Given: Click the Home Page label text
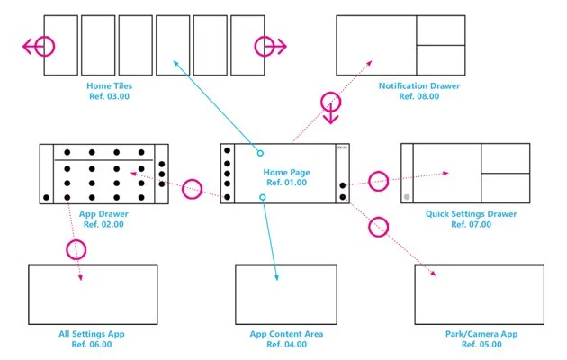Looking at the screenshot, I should (285, 171).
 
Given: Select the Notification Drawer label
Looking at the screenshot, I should (419, 85).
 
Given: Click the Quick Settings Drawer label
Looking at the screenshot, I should (472, 214).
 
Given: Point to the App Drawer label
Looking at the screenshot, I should (101, 214).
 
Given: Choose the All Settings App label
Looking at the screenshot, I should (92, 334).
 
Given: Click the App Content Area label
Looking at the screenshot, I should (286, 334).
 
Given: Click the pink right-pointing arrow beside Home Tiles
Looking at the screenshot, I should (269, 47).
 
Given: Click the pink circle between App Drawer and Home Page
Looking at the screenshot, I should (192, 189).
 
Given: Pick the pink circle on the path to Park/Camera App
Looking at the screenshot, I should (378, 227).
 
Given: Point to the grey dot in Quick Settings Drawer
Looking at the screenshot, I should (408, 196).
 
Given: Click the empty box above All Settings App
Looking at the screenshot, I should (93, 294).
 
